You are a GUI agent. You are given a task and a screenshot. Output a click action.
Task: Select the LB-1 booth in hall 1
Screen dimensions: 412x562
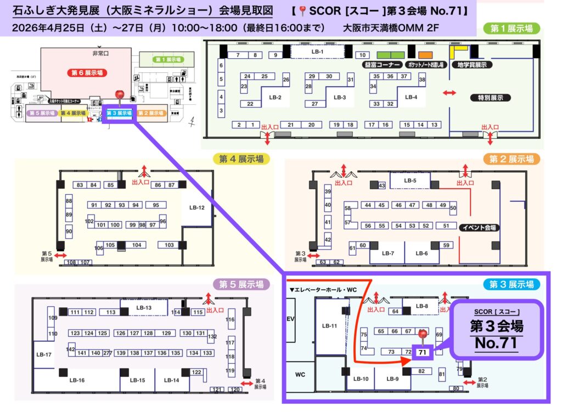coord(318,52)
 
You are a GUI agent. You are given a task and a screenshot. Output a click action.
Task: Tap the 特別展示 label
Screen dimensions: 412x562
coord(491,98)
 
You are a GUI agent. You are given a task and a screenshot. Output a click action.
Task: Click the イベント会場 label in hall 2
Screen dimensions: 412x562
coord(479,227)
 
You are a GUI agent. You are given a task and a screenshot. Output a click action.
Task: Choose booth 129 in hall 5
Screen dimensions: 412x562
coord(166,333)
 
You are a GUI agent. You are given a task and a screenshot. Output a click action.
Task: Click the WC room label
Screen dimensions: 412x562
coord(300,375)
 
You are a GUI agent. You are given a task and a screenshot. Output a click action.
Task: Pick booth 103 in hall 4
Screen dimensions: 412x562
coord(169,245)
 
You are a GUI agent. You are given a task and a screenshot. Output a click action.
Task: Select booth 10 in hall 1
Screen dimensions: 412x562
coord(362,55)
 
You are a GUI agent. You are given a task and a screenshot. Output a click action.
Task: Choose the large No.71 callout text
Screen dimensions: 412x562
coord(496,345)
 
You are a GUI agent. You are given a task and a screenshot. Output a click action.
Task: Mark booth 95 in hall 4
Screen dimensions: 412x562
coord(156,205)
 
